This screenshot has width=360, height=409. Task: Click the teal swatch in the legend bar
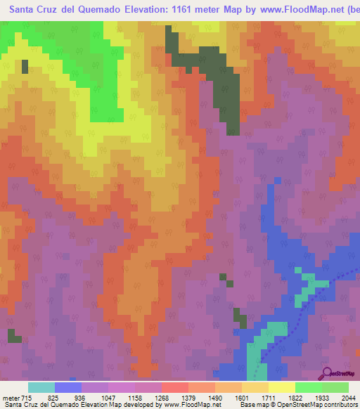(41, 387)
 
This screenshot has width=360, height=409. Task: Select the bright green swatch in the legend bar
(308, 387)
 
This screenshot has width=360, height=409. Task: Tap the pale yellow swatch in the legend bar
(281, 387)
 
